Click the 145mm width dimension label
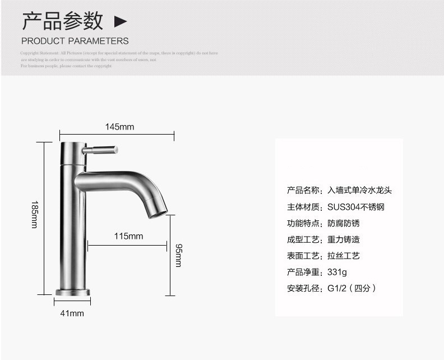tap(120, 127)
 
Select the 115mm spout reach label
tap(128, 236)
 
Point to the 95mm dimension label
tap(178, 255)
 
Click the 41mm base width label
tap(72, 313)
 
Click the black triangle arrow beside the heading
tap(121, 22)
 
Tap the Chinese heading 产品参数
tap(63, 21)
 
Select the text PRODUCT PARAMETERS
tap(75, 41)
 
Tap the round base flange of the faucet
tap(72, 292)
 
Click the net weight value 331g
tap(337, 273)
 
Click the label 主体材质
tap(303, 207)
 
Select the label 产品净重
tap(303, 273)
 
